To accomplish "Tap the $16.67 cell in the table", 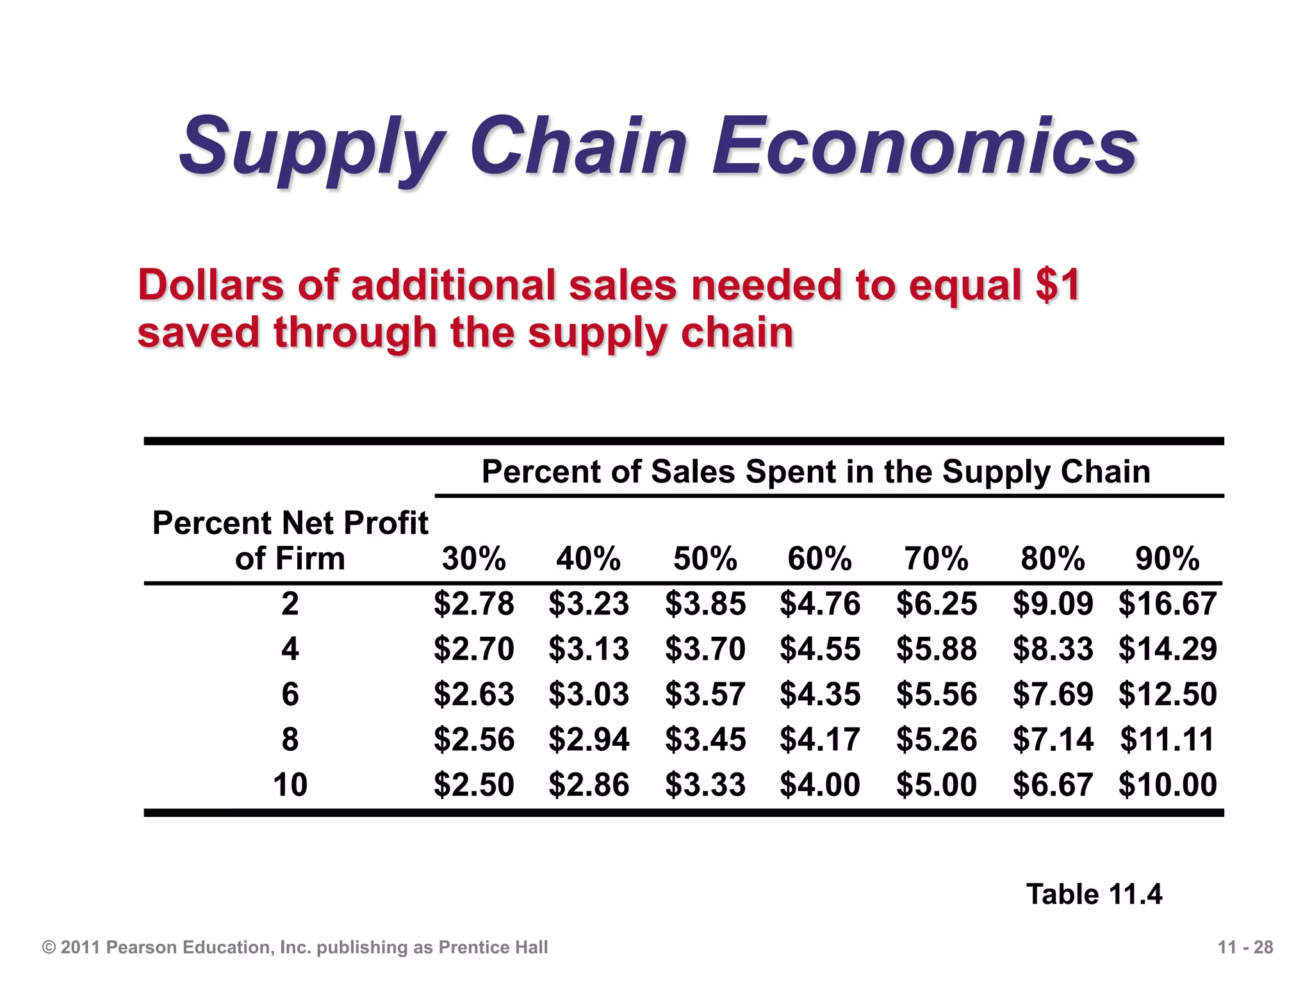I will (x=1167, y=603).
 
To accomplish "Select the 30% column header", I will (x=473, y=559).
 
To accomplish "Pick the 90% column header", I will (x=1167, y=559).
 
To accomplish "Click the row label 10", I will (x=290, y=785).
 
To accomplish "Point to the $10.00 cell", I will (x=1167, y=785).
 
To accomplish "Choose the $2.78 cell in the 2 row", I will (x=473, y=603).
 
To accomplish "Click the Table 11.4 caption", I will (x=1094, y=894).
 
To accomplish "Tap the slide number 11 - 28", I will (x=1245, y=947).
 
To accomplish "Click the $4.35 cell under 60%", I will (x=820, y=694).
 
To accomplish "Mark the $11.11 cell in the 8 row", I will (x=1167, y=739).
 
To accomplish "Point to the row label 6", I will (x=290, y=694).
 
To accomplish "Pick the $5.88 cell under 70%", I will (x=937, y=649).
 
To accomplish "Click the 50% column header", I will (x=705, y=559).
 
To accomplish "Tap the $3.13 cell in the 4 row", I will (x=589, y=649).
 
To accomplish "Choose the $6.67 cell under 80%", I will (x=1053, y=785).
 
